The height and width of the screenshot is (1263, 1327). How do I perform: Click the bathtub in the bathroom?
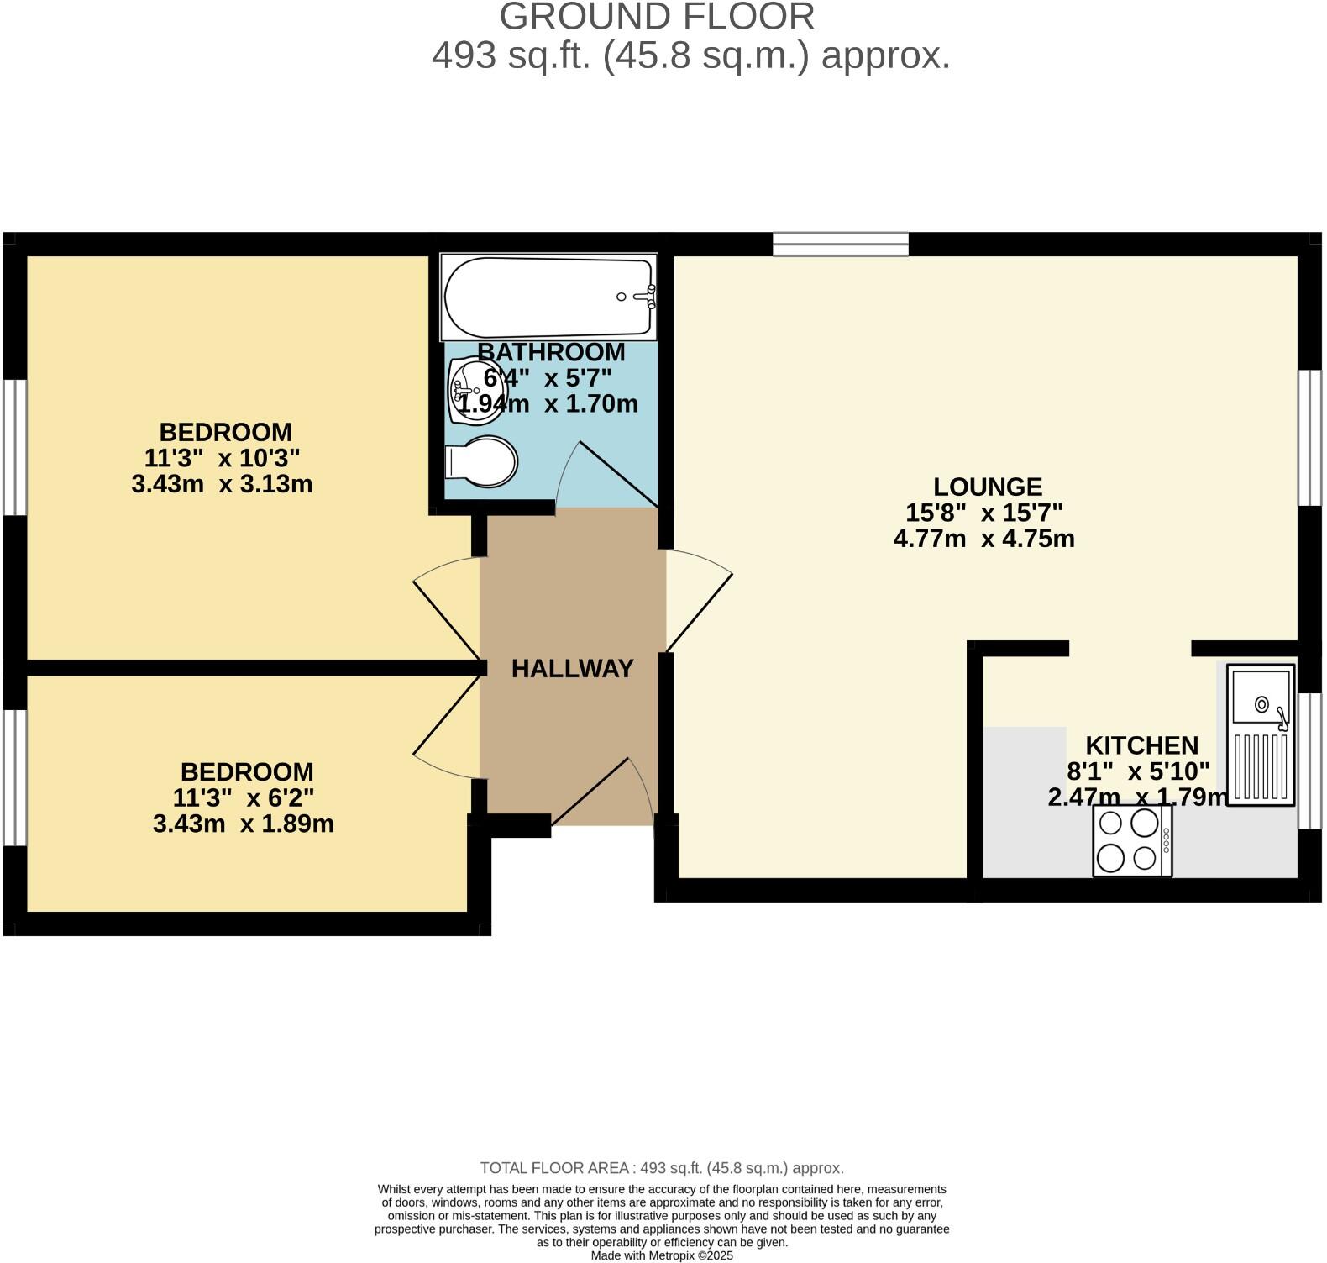tap(548, 297)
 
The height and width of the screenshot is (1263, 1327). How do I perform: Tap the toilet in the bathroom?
tap(482, 461)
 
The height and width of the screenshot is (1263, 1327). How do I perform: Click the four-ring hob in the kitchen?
tap(1131, 841)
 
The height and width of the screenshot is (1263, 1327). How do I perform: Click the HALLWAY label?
tap(572, 669)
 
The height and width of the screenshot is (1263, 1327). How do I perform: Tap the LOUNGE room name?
tap(987, 487)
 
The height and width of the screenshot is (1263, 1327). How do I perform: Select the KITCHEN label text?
tap(1141, 745)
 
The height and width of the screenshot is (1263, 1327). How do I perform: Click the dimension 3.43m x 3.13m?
tap(222, 485)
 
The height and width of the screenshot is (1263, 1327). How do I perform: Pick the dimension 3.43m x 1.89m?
tap(243, 824)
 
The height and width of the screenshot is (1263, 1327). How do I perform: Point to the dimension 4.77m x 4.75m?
tap(983, 539)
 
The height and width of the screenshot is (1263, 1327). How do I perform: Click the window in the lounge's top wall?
tap(840, 245)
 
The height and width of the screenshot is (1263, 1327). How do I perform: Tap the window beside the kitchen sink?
tap(1309, 760)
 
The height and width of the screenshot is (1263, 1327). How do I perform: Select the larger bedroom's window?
tap(14, 446)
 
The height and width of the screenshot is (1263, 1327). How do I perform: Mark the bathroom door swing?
tap(606, 476)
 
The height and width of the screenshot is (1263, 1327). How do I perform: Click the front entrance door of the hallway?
tap(601, 791)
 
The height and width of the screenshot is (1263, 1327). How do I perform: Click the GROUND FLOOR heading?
tap(657, 17)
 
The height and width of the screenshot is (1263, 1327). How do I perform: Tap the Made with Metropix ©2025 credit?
tap(662, 1255)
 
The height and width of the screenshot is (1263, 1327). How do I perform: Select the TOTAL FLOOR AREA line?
tap(662, 1168)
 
